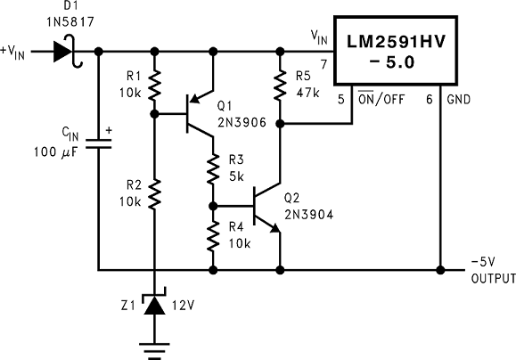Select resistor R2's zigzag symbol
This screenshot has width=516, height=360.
point(156,192)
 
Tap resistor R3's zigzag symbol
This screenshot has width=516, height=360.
point(214,167)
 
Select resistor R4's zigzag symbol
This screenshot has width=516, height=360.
point(214,236)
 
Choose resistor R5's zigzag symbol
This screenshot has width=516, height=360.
point(280,86)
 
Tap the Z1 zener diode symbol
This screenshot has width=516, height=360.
point(156,305)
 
